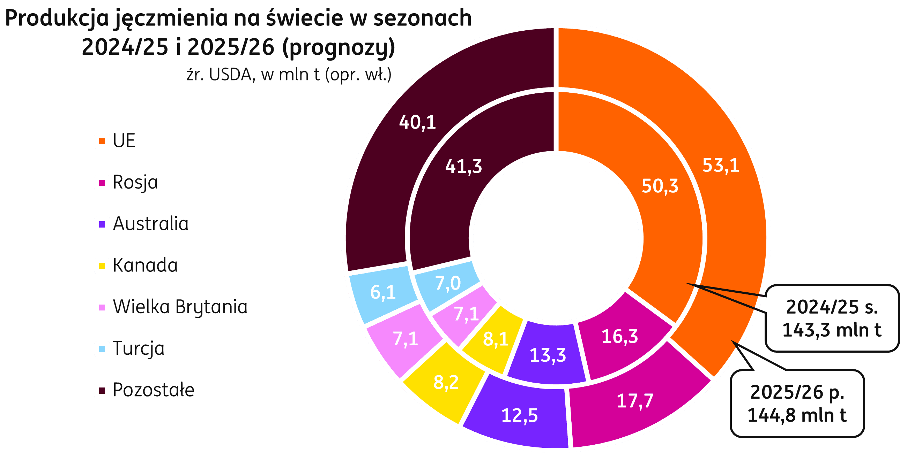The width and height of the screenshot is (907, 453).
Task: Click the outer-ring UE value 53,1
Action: [720, 165]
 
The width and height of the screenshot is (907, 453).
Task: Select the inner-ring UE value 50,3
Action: [660, 186]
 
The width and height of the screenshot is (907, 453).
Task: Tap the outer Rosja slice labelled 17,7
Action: [635, 401]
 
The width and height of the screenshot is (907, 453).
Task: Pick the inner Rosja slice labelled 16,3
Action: [619, 336]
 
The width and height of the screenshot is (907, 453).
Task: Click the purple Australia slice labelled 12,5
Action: [519, 415]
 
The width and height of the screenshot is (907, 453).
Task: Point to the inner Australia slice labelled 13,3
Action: [548, 355]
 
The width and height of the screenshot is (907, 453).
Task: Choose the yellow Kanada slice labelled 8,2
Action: [446, 382]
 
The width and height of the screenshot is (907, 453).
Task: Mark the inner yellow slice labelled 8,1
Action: [496, 339]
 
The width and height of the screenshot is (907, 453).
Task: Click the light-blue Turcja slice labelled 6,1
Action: [383, 292]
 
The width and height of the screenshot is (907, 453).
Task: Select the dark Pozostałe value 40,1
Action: [417, 122]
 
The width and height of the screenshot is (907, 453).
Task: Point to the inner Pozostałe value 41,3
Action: [463, 166]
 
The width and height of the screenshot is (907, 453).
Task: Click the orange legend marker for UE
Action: [102, 141]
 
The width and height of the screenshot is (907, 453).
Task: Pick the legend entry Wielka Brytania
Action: [180, 307]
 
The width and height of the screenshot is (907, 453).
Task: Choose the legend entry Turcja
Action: [139, 348]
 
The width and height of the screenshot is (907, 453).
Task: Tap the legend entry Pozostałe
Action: [154, 390]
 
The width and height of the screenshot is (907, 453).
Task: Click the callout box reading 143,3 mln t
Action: [832, 318]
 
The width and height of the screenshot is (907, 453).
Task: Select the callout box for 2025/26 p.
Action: [797, 404]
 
